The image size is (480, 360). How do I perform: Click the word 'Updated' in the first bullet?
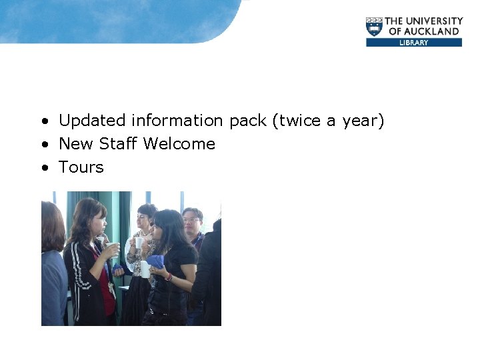click(92, 121)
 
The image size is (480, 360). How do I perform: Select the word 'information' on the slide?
click(177, 121)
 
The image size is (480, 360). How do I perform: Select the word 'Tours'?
click(81, 167)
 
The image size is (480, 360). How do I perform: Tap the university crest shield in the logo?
click(375, 27)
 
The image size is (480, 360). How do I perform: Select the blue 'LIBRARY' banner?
click(413, 42)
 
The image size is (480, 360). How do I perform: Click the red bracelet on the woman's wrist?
click(169, 277)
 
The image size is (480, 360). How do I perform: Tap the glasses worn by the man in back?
click(191, 219)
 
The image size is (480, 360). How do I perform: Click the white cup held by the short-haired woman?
click(139, 242)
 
